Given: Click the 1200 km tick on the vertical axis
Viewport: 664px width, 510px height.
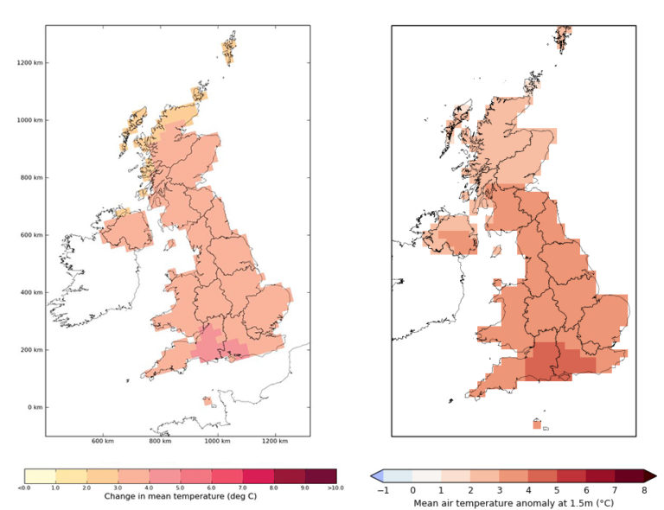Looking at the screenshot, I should tap(33, 62).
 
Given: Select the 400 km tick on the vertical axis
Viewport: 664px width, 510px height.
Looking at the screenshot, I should tap(33, 292).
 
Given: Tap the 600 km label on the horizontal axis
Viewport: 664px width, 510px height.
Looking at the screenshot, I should tap(103, 443).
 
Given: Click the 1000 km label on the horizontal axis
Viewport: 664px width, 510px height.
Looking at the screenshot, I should tap(218, 443).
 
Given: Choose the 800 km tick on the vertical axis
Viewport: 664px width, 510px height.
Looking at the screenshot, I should tap(33, 177).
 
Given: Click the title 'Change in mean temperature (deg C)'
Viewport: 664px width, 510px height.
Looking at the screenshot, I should tap(180, 497).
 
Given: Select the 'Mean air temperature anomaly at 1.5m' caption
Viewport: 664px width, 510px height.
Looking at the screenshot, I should tap(513, 502).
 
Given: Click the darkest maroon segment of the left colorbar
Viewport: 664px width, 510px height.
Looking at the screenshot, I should tap(321, 475).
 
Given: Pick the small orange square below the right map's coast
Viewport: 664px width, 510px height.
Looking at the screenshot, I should tap(537, 424).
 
